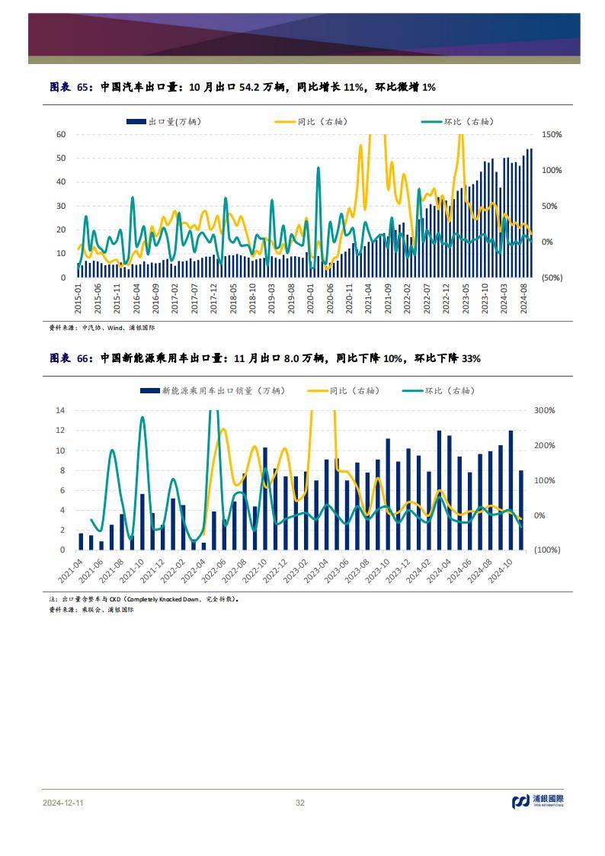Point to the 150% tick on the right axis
point(551,135)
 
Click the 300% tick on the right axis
point(545,411)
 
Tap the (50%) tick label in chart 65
point(551,277)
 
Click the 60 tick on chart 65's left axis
point(62,135)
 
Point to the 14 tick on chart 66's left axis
point(62,411)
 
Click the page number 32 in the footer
point(300,803)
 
